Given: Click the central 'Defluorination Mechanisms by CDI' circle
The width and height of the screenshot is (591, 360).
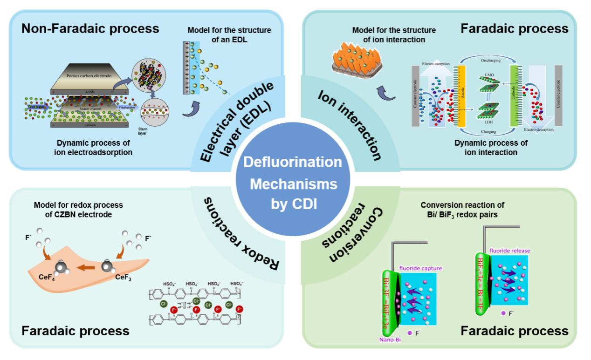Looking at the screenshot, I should [x=293, y=183].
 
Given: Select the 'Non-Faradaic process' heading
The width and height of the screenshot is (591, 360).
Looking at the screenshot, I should [x=90, y=28].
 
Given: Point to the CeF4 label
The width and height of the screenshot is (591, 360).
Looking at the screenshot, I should [x=48, y=278].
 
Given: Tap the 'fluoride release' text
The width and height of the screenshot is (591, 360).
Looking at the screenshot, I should [x=509, y=251].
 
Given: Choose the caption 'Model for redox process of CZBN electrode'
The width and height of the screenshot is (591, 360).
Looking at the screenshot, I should [x=78, y=210].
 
